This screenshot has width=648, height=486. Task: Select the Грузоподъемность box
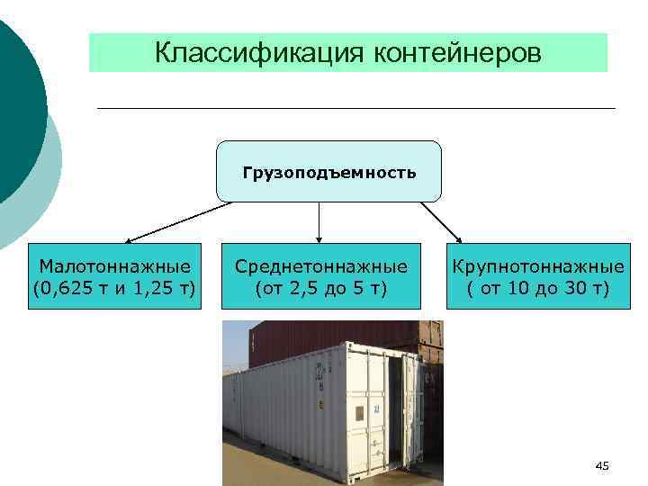tap(328, 171)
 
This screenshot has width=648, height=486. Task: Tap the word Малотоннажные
tap(114, 266)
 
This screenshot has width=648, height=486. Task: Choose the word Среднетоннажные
tap(320, 266)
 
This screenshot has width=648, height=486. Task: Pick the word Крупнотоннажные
tap(538, 266)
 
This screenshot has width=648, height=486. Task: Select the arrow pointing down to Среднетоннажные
tap(319, 220)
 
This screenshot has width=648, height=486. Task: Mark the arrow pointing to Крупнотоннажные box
tap(441, 221)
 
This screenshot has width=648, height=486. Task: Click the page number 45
tap(602, 465)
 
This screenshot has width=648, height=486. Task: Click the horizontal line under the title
tap(355, 109)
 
